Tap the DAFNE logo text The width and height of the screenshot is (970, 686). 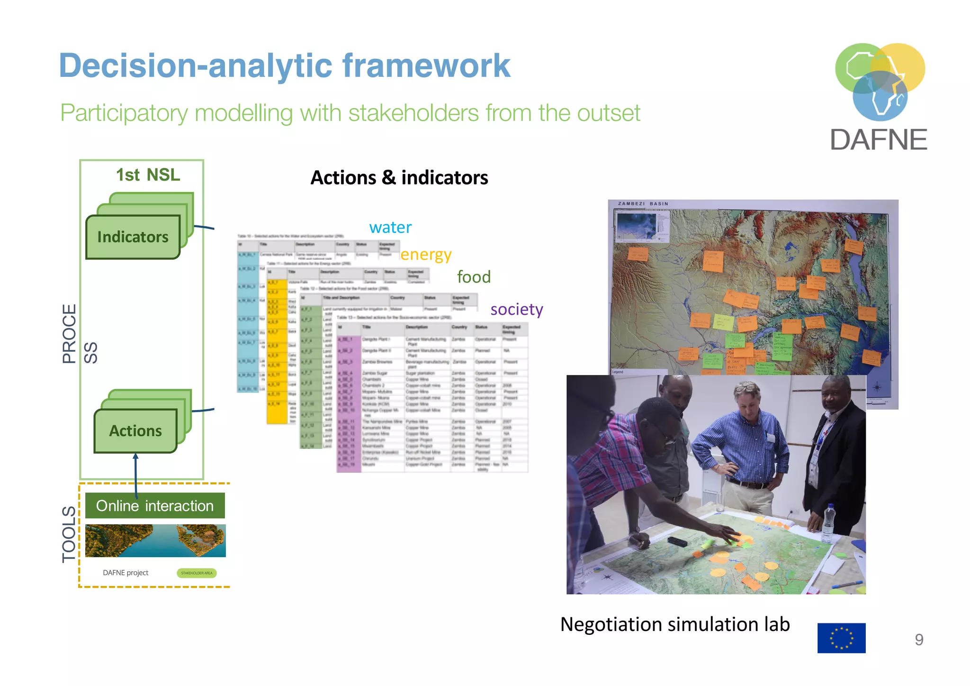click(879, 140)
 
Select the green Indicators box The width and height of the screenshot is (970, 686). click(133, 237)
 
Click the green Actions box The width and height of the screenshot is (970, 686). click(135, 430)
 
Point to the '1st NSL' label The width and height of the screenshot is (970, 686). click(148, 175)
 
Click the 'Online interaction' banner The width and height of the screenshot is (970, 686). click(155, 506)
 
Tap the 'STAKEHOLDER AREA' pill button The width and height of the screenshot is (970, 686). click(197, 573)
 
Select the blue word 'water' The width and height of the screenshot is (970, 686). click(390, 228)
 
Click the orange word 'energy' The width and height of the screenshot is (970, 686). click(426, 255)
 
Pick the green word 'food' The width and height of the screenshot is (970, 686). click(474, 277)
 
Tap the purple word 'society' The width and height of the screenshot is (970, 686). click(516, 309)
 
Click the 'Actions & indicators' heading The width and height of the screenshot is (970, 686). click(399, 178)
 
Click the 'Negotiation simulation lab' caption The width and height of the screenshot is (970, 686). click(675, 624)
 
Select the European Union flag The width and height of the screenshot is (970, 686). click(841, 638)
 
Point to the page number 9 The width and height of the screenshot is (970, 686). click(919, 640)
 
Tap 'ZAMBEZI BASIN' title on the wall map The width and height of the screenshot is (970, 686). click(643, 204)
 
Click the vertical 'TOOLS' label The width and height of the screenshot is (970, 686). click(69, 534)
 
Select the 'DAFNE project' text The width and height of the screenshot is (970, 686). click(126, 573)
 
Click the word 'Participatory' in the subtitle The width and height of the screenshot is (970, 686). click(124, 113)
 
